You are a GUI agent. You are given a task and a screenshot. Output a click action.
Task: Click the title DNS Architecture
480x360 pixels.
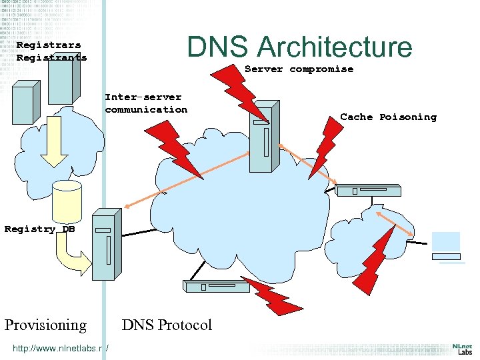(299, 47)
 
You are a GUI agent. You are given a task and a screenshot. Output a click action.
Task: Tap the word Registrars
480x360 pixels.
(49, 45)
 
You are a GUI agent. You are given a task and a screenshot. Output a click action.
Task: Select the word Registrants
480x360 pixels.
(51, 57)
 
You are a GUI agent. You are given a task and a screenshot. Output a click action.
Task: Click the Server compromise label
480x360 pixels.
(299, 69)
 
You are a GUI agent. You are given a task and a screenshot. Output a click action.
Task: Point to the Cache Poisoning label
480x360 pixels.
(388, 117)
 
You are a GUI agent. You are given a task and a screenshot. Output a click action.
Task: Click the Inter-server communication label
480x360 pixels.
(146, 103)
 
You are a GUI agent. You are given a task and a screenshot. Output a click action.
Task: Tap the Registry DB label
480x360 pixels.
(39, 229)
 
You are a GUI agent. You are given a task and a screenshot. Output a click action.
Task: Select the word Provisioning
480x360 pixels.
(45, 325)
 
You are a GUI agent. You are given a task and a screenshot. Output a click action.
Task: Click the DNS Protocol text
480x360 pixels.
(167, 325)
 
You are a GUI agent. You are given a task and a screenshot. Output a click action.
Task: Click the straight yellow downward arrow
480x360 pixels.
(53, 150)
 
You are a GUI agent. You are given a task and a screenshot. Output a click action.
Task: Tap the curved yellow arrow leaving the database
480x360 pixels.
(69, 257)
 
